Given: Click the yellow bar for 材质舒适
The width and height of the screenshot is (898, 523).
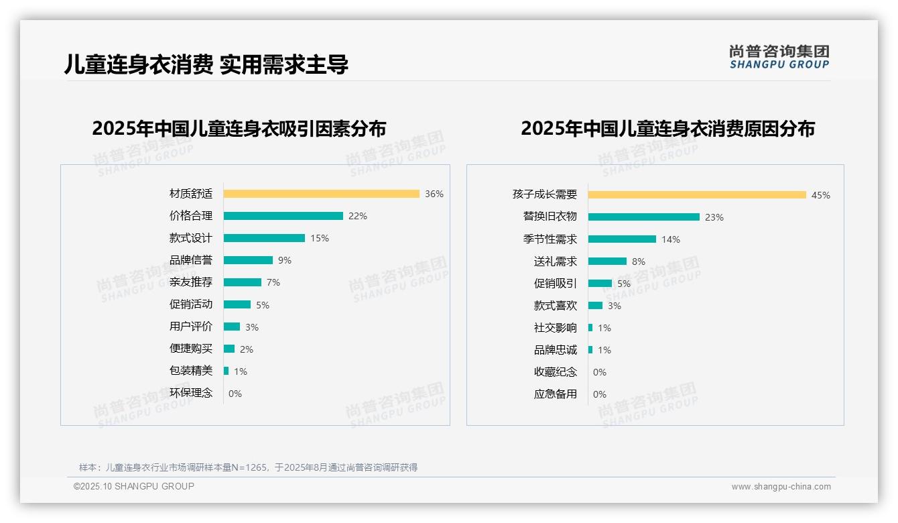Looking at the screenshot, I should (322, 194).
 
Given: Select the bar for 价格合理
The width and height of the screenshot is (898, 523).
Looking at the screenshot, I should (283, 216).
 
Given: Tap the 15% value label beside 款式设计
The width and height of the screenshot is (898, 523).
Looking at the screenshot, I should (320, 238).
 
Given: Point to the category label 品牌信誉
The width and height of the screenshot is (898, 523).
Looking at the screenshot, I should (190, 260).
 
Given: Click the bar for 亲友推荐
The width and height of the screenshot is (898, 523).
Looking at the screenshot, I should (242, 282).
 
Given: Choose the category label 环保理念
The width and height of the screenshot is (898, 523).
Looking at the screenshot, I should (190, 393).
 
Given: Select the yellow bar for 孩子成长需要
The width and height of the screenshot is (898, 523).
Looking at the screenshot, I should (697, 195).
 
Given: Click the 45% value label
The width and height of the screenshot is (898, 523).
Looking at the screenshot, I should (820, 195).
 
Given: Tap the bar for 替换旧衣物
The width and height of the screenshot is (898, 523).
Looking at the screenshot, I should (643, 217).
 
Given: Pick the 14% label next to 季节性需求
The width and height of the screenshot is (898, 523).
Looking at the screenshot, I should (670, 239).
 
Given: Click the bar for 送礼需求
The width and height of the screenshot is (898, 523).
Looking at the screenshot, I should (607, 261).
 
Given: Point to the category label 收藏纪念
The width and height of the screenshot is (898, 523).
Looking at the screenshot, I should (555, 372).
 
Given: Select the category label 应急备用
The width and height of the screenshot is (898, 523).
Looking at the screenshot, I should (555, 394).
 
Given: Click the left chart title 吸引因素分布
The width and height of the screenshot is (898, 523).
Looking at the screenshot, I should (239, 128).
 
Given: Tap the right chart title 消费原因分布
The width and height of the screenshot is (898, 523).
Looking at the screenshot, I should (667, 128).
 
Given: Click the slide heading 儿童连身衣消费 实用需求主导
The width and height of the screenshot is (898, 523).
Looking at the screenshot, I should (206, 64).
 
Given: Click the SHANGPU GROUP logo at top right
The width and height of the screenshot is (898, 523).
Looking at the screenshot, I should (779, 57).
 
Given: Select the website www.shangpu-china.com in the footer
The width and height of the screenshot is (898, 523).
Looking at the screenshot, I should (781, 487).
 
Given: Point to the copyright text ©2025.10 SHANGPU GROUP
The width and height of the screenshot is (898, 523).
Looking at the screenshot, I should (134, 486).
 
